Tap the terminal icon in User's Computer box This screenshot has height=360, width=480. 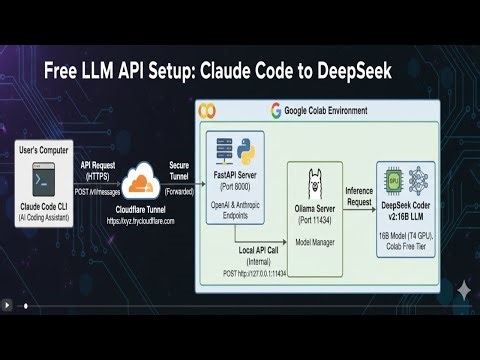coord(42,182)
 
